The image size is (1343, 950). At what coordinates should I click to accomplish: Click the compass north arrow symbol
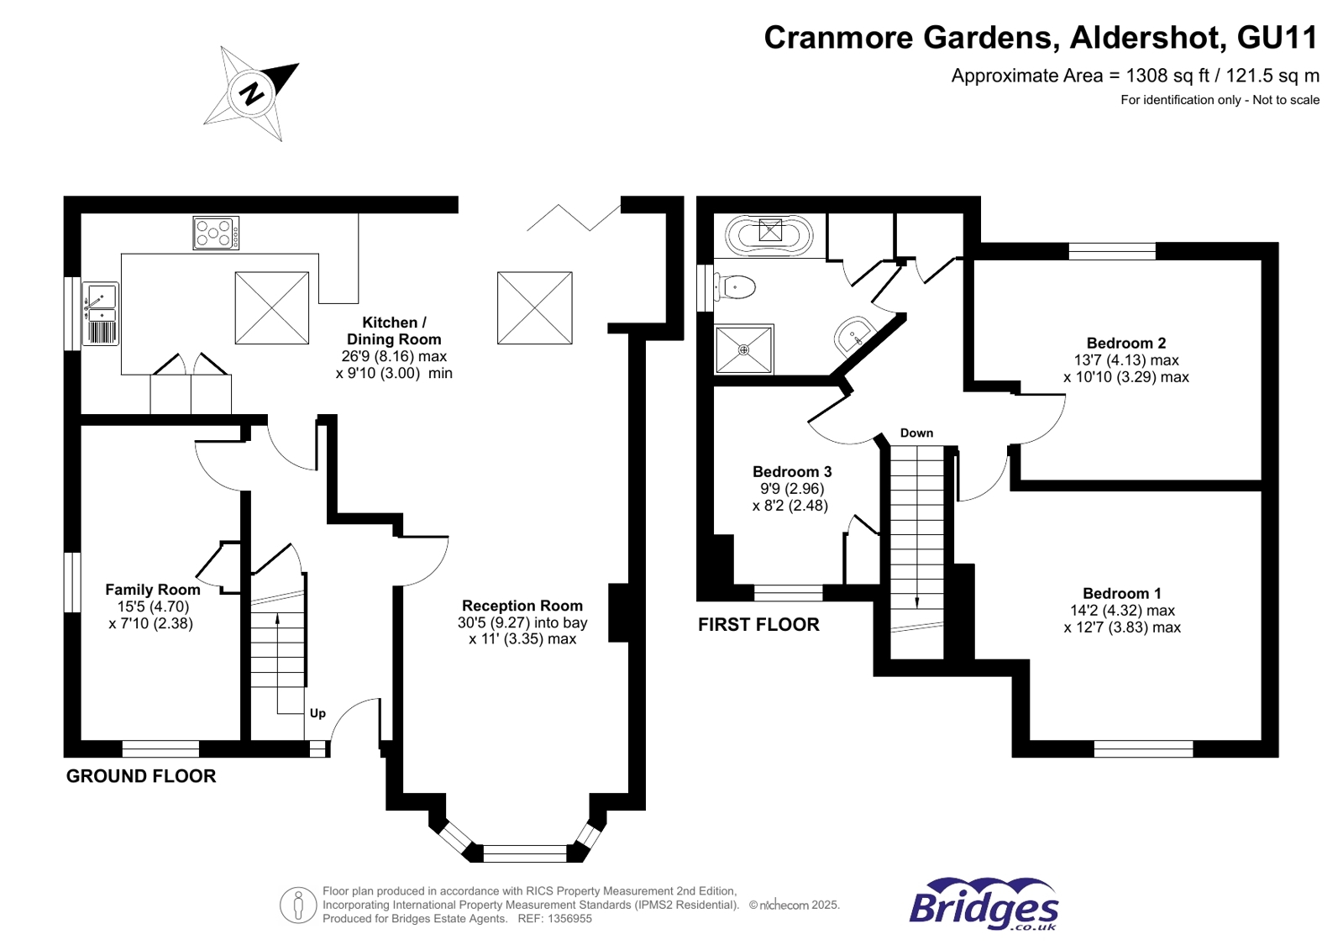[x=252, y=92]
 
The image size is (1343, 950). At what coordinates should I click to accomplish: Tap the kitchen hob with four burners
[x=216, y=233]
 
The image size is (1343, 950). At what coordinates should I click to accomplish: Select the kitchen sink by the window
[x=101, y=313]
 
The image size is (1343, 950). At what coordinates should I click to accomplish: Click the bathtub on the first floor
[x=769, y=234]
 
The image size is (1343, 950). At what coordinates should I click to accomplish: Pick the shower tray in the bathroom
[x=743, y=349]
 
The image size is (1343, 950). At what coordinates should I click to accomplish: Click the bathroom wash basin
[x=854, y=337]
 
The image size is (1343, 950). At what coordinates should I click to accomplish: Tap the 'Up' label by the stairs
[x=317, y=713]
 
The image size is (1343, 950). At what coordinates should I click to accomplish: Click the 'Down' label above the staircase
[x=916, y=433]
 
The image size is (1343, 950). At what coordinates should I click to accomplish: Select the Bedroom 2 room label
[x=1125, y=343]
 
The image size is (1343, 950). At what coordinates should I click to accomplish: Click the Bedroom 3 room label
[x=791, y=471]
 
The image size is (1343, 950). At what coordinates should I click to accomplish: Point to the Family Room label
[x=152, y=590]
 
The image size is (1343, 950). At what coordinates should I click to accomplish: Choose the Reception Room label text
[x=522, y=606]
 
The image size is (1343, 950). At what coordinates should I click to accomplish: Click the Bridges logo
[x=984, y=905]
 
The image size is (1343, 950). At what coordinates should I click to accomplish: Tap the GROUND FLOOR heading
[x=141, y=776]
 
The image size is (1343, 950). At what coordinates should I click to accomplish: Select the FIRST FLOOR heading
[x=758, y=624]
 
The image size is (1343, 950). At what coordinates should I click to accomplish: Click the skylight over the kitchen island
[x=271, y=307]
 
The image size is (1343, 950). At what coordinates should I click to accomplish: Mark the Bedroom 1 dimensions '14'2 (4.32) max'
[x=1122, y=611]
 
